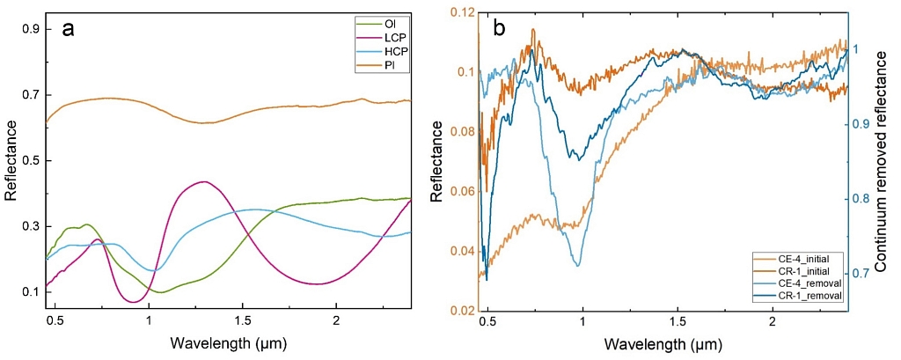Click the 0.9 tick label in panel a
[x=32, y=29]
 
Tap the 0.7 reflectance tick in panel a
[x=32, y=95]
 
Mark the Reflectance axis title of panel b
[x=437, y=161]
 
